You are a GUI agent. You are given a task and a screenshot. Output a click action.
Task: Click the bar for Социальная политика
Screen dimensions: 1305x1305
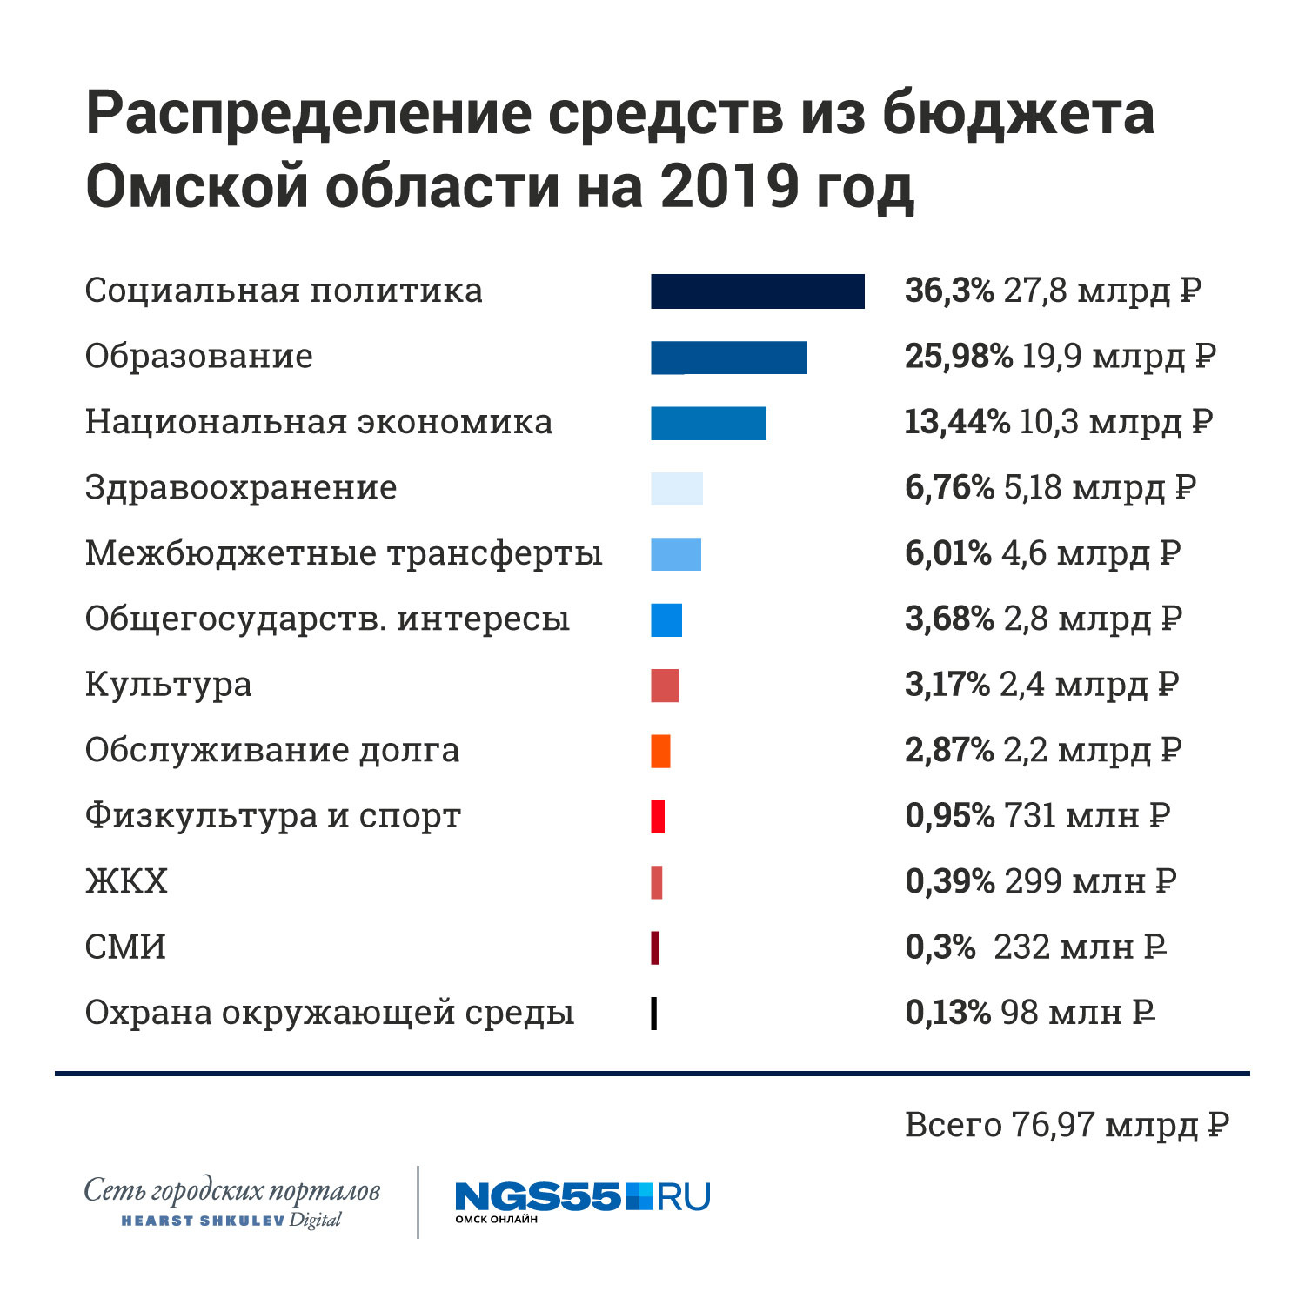point(757,291)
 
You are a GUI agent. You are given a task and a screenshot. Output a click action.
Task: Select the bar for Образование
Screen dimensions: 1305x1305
point(728,358)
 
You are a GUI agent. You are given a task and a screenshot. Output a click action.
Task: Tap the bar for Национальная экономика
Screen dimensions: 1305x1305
point(708,423)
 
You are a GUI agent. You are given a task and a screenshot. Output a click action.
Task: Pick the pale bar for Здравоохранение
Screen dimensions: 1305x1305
point(676,489)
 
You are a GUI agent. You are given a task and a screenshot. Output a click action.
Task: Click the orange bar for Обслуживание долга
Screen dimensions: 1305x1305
point(660,751)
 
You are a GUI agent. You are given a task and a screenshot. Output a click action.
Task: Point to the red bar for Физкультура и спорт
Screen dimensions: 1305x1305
point(658,817)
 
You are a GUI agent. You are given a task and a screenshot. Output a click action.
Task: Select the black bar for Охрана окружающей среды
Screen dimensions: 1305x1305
point(653,1014)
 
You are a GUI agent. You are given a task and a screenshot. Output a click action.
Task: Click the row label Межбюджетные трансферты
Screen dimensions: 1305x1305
point(344,553)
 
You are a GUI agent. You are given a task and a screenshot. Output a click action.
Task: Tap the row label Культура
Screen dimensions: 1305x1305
point(168,685)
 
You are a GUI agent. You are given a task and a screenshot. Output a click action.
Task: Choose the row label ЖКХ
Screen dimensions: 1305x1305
point(126,881)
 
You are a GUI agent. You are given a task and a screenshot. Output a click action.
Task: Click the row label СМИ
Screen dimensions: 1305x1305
point(125,947)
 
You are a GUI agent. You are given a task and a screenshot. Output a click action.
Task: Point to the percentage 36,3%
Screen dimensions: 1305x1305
point(948,291)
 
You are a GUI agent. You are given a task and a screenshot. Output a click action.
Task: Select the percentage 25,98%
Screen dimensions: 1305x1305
point(958,357)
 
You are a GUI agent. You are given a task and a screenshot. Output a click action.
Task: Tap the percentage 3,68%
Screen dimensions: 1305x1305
point(948,619)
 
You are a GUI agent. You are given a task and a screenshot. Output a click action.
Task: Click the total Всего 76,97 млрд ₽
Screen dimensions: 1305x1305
point(1067,1125)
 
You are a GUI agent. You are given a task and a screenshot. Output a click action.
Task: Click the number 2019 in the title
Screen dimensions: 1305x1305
point(729,186)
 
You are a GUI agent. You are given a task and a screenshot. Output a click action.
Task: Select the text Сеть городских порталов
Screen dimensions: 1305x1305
point(231,1190)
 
